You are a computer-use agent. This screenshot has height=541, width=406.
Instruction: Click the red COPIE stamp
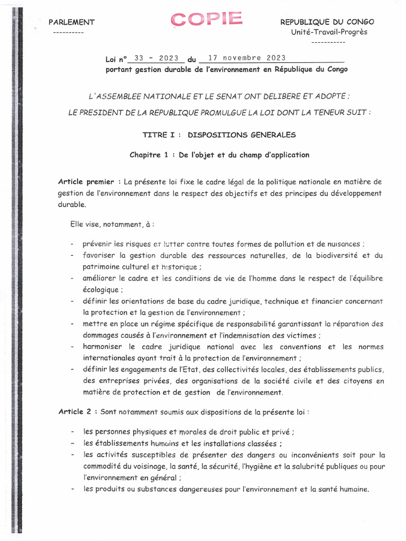click(x=207, y=20)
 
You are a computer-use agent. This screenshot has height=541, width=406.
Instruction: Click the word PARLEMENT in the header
click(x=71, y=22)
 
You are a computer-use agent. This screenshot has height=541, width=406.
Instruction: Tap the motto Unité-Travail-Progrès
click(x=329, y=32)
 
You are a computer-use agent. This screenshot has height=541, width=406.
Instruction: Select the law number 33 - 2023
click(x=156, y=58)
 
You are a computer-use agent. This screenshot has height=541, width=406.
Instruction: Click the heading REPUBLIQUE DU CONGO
click(x=327, y=22)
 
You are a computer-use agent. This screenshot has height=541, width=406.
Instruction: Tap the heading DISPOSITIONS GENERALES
click(x=242, y=135)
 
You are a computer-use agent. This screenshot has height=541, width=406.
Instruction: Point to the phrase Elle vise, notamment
click(x=109, y=224)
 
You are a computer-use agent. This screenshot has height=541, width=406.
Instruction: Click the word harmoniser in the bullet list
click(x=104, y=347)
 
